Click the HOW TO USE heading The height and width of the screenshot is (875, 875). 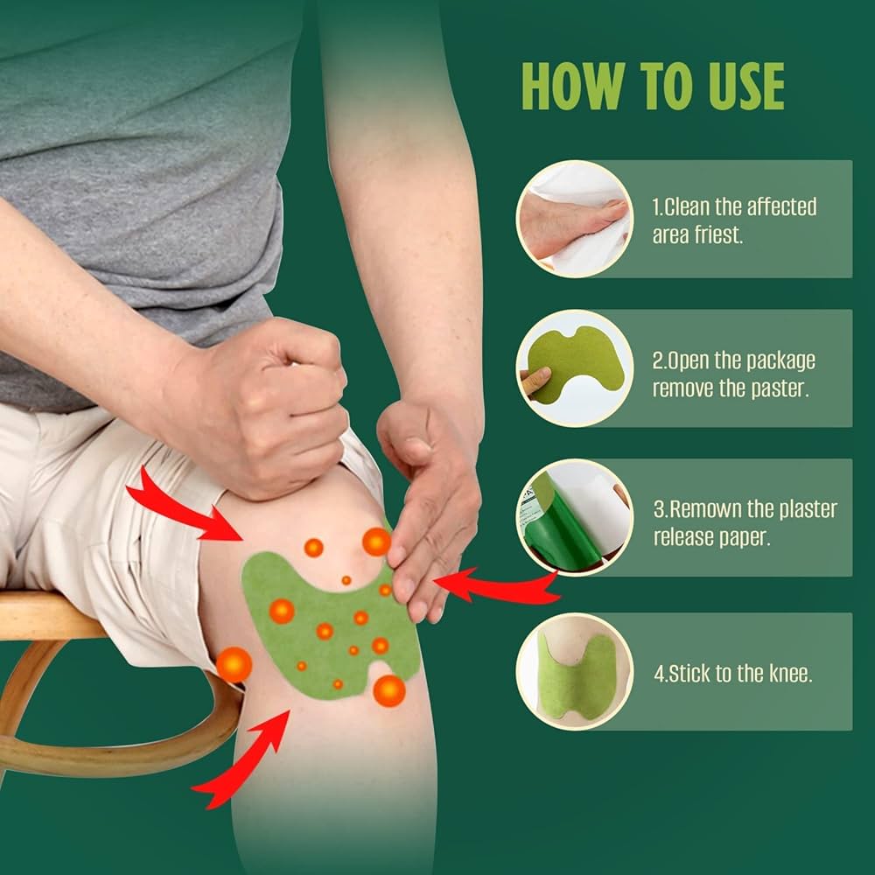[x=652, y=85]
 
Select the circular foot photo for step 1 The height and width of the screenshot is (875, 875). [x=574, y=219]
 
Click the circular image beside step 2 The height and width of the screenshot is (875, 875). [x=574, y=367]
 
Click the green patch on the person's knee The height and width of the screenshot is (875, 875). [x=324, y=626]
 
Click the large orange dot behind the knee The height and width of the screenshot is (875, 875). [x=234, y=665]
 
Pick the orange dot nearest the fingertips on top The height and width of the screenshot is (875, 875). [x=376, y=542]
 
